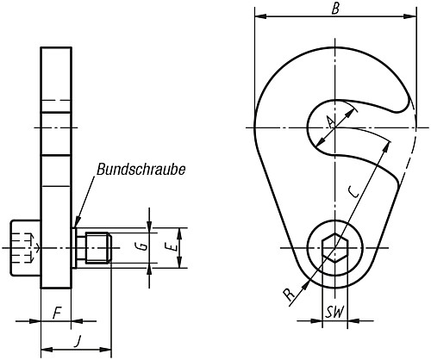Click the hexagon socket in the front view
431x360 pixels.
(x=334, y=249)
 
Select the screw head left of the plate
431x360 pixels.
(x=25, y=249)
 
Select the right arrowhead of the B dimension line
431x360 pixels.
(x=406, y=16)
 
